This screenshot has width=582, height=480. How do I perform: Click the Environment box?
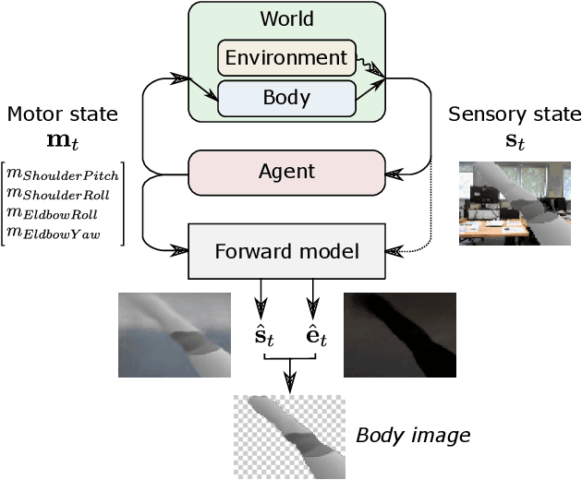click(x=286, y=57)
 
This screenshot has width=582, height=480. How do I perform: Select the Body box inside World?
click(x=286, y=98)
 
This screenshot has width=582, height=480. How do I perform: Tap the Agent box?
click(x=286, y=172)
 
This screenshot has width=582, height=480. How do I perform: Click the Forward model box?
click(x=286, y=249)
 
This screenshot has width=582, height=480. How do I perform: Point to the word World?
click(x=286, y=18)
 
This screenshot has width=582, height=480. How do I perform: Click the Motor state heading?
click(x=62, y=114)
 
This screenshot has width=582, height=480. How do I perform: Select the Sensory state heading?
click(x=515, y=114)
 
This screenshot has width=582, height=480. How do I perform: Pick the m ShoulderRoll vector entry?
click(x=60, y=193)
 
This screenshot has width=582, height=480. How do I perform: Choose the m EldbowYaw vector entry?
click(x=54, y=232)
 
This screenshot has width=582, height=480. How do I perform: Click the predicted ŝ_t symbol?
click(x=265, y=336)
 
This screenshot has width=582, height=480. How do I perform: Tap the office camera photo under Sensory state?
click(x=515, y=203)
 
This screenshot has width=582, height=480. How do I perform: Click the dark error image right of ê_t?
click(x=399, y=335)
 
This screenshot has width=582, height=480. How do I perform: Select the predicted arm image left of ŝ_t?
click(x=174, y=335)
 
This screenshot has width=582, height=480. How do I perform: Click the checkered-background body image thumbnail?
click(x=288, y=437)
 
